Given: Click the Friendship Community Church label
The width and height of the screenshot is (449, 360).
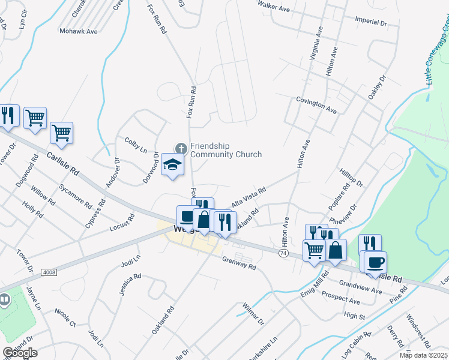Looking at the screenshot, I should pyautogui.click(x=226, y=150).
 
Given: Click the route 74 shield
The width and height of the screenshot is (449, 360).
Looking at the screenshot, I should pyautogui.click(x=283, y=254).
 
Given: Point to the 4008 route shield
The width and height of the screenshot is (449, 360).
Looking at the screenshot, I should pyautogui.click(x=49, y=272).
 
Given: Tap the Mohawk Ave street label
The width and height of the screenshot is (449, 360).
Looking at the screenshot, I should pyautogui.click(x=78, y=31).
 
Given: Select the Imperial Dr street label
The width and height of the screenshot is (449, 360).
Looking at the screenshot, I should pyautogui.click(x=371, y=22).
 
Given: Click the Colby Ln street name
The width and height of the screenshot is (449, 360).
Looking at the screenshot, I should pyautogui.click(x=136, y=144).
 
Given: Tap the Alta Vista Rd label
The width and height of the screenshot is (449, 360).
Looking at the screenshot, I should pyautogui.click(x=249, y=197).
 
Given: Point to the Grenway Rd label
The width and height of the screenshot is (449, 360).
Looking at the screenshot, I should pyautogui.click(x=239, y=263).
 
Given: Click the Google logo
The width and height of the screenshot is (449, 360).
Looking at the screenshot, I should pyautogui.click(x=20, y=353).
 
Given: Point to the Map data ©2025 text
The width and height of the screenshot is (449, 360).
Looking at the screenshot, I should pyautogui.click(x=423, y=355).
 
